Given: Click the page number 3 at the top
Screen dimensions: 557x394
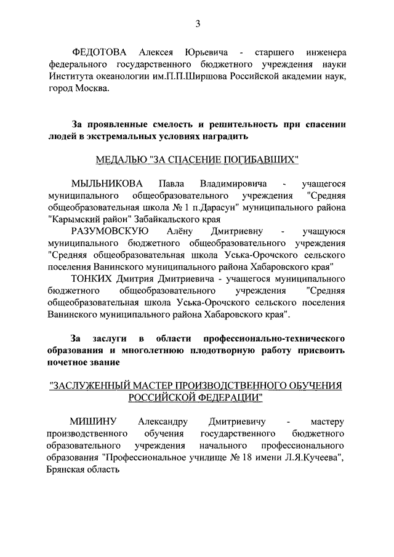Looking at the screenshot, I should [198, 24].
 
